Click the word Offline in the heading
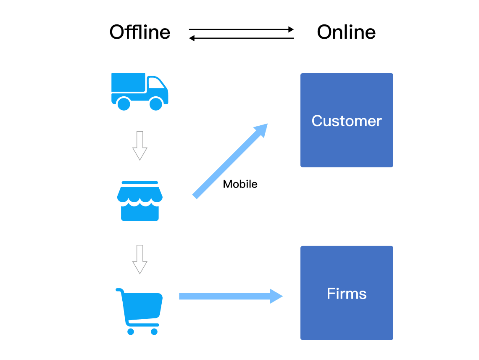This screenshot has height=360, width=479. (x=140, y=32)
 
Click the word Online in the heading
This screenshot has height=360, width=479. (x=346, y=32)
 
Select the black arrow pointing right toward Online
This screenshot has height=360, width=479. (x=241, y=29)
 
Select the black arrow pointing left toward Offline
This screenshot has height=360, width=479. (x=241, y=38)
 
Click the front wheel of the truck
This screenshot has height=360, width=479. (x=156, y=103)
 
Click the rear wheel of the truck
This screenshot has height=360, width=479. (x=124, y=103)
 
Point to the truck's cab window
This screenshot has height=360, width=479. (x=156, y=84)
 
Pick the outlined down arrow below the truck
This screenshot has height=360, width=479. (x=139, y=146)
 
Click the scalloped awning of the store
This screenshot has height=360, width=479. (x=139, y=195)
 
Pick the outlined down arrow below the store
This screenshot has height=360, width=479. (x=139, y=259)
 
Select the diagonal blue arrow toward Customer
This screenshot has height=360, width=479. (x=229, y=161)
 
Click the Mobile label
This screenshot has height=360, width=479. (x=240, y=184)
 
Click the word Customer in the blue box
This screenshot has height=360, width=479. (x=347, y=121)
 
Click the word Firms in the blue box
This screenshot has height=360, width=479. (x=347, y=294)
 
